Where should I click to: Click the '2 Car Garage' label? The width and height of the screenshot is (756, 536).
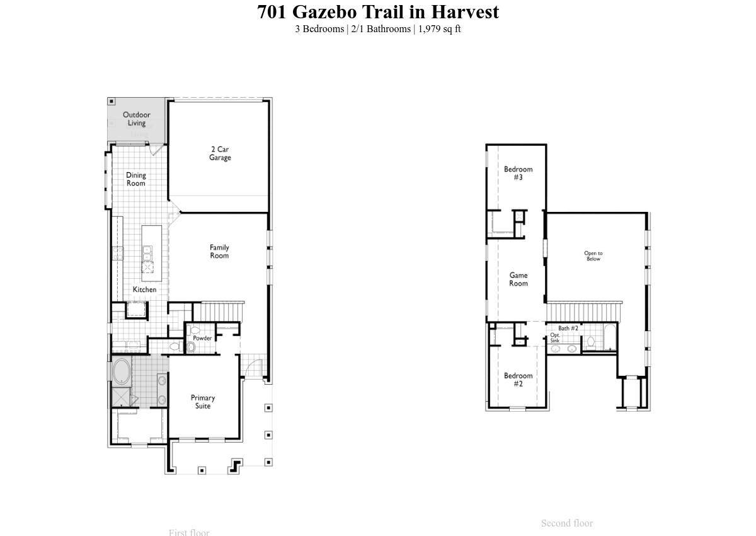coord(220,153)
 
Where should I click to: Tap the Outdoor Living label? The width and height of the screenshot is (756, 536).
coord(136,119)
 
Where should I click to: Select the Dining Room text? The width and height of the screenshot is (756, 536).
coord(135,179)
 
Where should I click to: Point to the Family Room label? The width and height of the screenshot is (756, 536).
coord(219,252)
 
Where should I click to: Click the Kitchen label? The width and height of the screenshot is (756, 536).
coord(144,289)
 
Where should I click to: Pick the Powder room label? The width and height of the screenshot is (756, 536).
coord(202,338)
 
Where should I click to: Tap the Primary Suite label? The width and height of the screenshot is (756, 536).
coord(203,402)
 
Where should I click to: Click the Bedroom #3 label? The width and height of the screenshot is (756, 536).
coord(518,173)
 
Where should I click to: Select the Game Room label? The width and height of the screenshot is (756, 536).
coord(518,279)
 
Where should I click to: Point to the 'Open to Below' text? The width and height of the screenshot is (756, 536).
coord(593,256)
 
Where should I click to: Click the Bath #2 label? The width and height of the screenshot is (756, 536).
coord(568,329)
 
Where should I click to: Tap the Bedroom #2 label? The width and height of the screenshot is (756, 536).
coord(518,380)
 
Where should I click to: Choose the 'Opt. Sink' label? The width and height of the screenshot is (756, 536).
coord(555,338)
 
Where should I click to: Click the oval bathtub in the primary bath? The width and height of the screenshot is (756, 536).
coord(122,371)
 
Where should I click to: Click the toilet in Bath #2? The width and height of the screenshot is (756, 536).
coord(591,342)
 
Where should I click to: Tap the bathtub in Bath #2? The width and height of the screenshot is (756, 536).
coord(609,338)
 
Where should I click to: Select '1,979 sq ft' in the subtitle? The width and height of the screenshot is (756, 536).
coord(440,29)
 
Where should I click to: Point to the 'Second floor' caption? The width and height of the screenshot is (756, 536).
coord(567,523)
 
